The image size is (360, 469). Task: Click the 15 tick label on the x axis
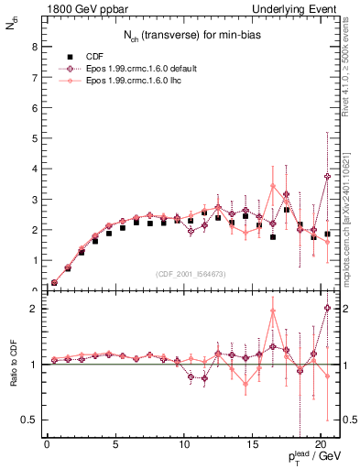(x=252, y=446)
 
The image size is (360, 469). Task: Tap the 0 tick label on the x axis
(x=48, y=446)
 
